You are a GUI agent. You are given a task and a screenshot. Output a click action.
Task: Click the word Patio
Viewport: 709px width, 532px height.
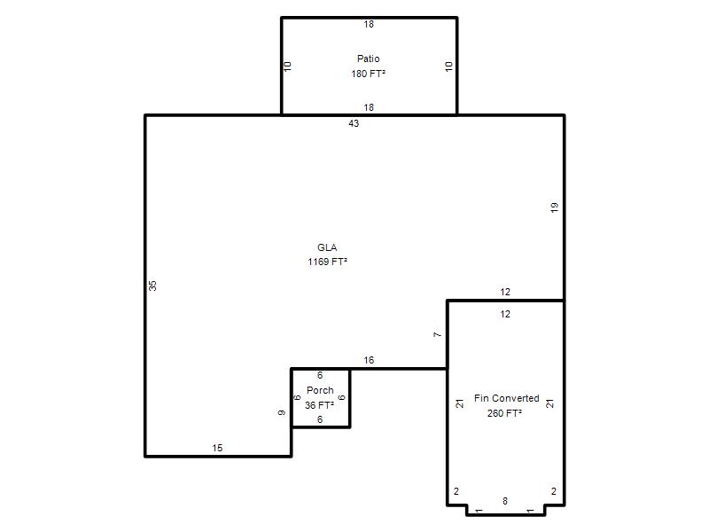click(368, 59)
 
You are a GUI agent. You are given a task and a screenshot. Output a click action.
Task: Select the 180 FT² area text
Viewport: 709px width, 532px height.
click(368, 74)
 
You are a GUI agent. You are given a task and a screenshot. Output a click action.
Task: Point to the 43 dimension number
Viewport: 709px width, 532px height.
click(354, 123)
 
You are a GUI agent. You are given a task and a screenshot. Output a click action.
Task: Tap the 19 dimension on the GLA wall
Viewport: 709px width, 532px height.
click(555, 207)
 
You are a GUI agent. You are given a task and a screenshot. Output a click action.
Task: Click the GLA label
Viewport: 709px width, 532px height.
click(327, 247)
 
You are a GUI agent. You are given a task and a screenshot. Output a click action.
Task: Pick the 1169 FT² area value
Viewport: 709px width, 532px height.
click(327, 262)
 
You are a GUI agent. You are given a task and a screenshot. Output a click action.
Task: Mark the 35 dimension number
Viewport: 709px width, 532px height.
click(152, 286)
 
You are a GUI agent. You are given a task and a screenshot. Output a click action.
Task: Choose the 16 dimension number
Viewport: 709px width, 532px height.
click(369, 360)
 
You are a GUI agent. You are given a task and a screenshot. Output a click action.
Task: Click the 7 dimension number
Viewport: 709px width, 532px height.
click(437, 335)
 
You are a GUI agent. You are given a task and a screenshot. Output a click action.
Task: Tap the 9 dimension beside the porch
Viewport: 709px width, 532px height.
click(282, 412)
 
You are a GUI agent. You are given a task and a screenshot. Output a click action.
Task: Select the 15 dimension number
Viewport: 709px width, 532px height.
click(217, 448)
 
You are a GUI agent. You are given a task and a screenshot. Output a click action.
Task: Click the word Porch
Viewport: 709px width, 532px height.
click(320, 390)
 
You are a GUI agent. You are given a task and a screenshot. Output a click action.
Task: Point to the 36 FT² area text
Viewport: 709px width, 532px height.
click(319, 405)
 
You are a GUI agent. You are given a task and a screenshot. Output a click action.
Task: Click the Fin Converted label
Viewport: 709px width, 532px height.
click(506, 398)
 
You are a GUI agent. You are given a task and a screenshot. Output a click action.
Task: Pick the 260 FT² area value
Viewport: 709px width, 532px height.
click(504, 413)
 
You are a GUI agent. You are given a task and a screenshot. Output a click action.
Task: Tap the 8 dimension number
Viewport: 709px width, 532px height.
click(505, 501)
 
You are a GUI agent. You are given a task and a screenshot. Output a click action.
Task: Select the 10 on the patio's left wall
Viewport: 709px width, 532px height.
click(287, 66)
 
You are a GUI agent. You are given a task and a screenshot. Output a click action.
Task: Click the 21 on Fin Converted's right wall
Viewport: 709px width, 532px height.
click(549, 403)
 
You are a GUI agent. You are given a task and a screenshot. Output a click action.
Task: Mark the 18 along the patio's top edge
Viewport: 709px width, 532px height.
click(369, 24)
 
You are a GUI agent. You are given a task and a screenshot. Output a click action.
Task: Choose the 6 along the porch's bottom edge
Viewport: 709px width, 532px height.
click(320, 419)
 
